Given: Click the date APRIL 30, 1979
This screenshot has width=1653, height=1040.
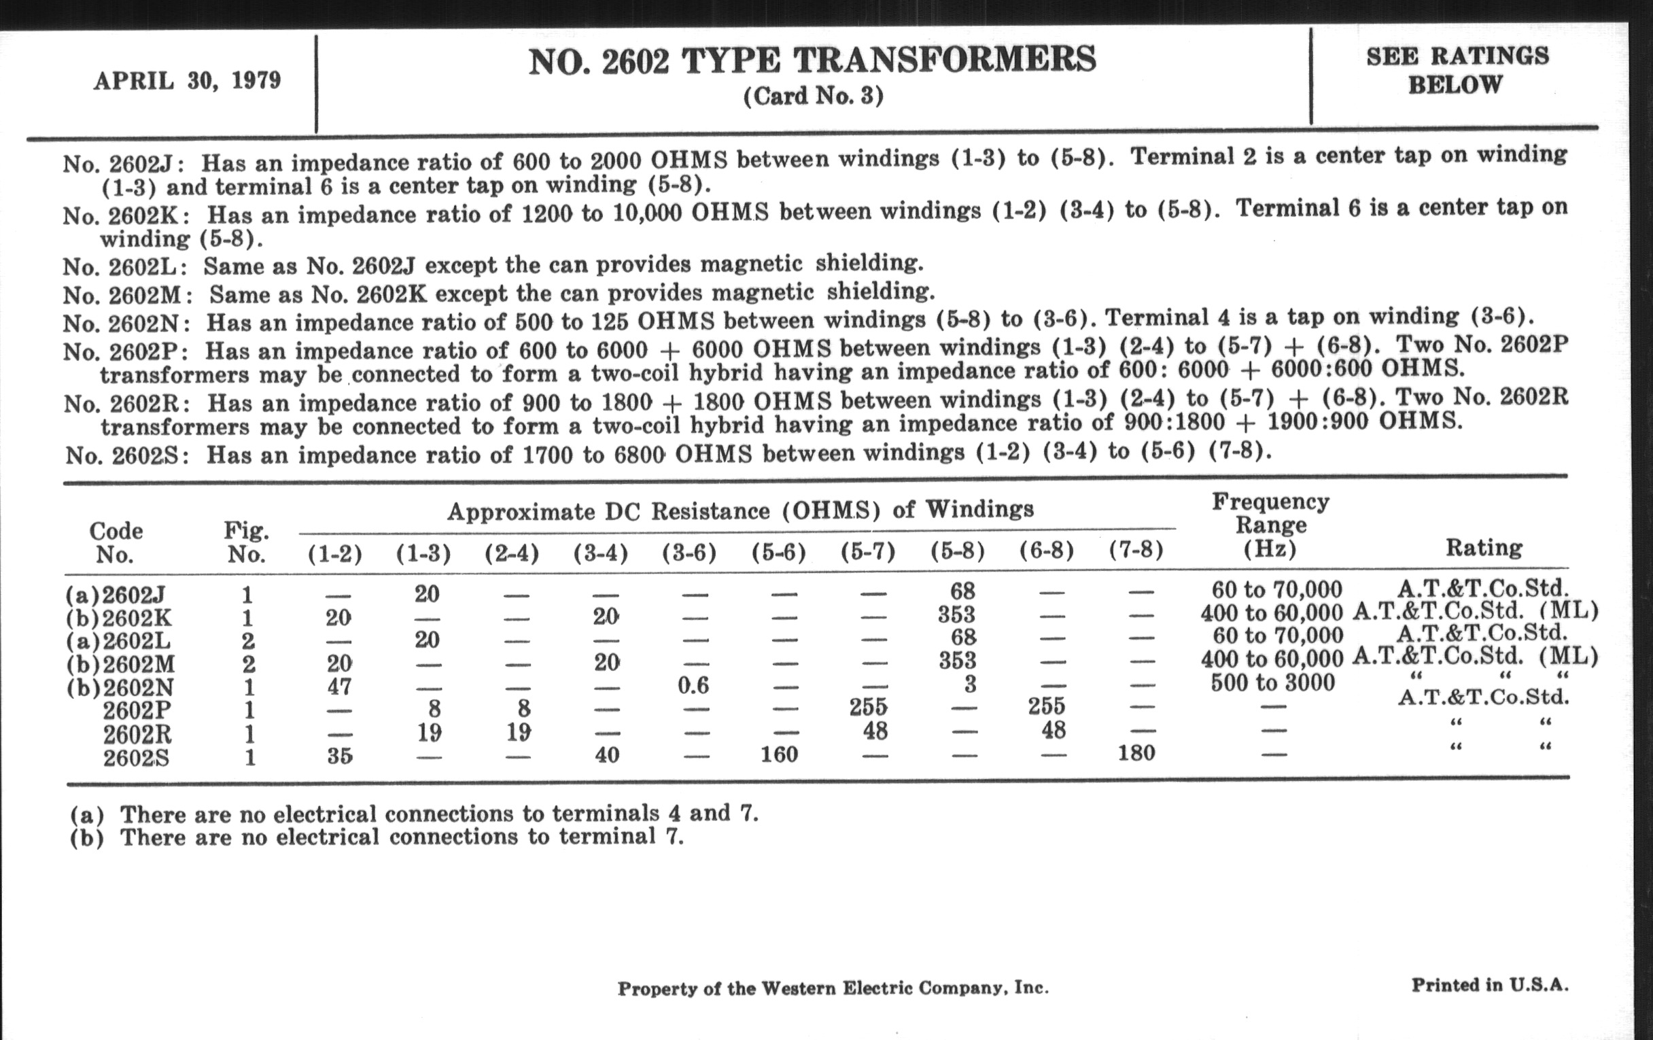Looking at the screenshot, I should coord(188,81).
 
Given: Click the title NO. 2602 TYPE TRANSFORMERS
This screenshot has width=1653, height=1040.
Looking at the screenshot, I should coord(812,60).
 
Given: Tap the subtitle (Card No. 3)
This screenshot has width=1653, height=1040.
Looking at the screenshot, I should coord(813,96).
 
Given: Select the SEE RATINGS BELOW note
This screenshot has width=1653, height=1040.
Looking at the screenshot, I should coord(1457,70).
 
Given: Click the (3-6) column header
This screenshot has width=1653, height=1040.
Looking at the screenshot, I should coord(689,553).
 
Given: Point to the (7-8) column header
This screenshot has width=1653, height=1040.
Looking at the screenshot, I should coord(1136,551).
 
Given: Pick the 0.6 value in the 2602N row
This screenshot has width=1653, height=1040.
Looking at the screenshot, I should coord(693,685).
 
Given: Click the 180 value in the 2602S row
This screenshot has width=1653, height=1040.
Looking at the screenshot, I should coord(1136,753).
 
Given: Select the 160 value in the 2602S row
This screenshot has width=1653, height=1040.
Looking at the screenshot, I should coord(779,755).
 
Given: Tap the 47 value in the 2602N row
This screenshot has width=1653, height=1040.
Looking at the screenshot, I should coord(339,687).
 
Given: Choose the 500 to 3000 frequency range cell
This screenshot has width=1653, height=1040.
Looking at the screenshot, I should coord(1272,683).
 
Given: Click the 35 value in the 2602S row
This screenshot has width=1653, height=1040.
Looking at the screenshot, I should coord(339,756).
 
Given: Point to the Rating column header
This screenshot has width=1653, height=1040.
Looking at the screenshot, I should coord(1484,548).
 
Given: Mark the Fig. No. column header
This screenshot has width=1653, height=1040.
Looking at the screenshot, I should coord(247,542).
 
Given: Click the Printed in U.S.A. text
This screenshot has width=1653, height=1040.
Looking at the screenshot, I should coord(1490,985).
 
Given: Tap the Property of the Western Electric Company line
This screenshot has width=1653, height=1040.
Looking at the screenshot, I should coord(833,988).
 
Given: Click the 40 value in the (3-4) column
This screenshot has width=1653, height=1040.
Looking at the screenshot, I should coord(607,755).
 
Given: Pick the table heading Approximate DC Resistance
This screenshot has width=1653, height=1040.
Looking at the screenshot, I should coord(740,510).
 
